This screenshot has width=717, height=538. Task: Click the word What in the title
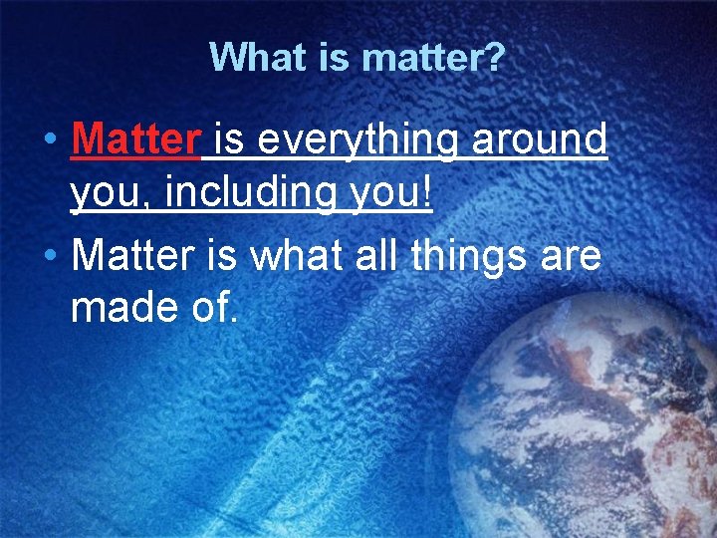coord(257,58)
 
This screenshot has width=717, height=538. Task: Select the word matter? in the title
coord(433,58)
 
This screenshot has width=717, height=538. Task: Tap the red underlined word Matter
coord(136,140)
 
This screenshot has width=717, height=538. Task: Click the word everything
coord(356,140)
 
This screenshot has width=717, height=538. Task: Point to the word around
coord(539,140)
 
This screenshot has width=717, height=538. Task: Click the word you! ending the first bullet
coord(401,191)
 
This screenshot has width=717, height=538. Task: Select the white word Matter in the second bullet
coord(136,256)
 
